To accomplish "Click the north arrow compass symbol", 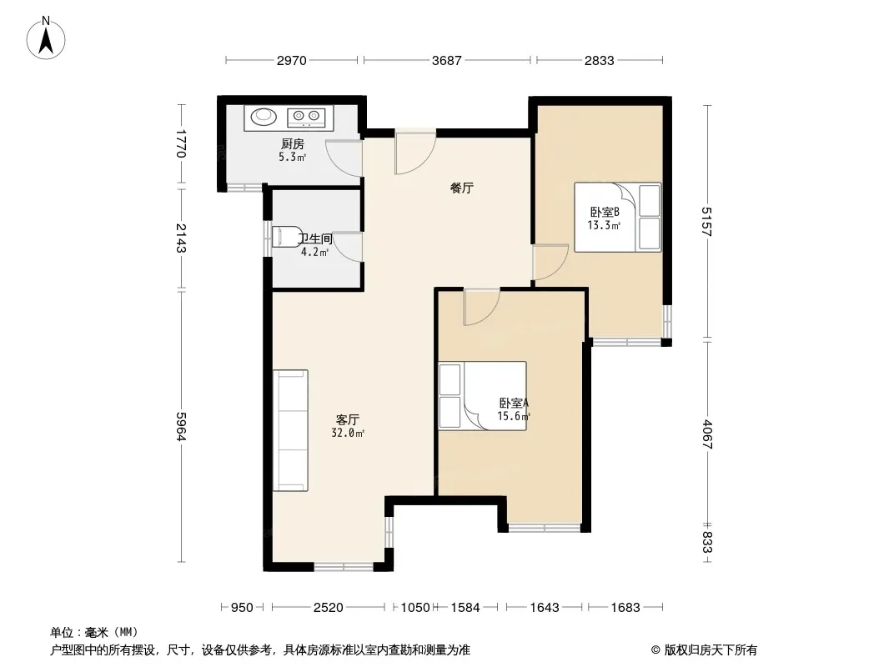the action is tap(46, 38).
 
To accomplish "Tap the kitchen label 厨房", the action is tap(293, 144).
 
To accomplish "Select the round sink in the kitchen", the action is tap(263, 116).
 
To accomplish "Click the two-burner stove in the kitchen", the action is tap(306, 117).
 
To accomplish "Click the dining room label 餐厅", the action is tap(462, 188).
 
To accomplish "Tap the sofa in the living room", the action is tap(290, 430).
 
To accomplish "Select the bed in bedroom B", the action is tap(617, 217).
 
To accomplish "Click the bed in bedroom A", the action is tap(483, 396).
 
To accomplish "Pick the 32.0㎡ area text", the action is tap(348, 434).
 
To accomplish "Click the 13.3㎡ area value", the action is tap(604, 226).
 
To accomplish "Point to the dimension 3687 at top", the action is tap(447, 60).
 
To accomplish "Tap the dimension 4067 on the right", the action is tap(707, 434).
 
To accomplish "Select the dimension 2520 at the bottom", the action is tap(329, 608).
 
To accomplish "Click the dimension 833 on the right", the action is tap(707, 542).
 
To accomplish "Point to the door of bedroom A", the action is tap(481, 307).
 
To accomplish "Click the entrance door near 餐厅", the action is tap(415, 152).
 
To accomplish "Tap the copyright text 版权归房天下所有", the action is tap(711, 650).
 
